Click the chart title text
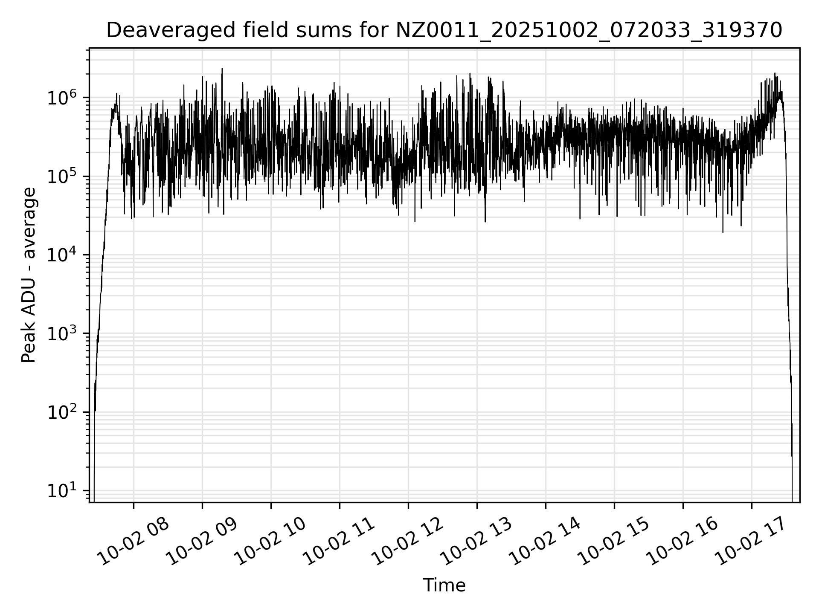(x=444, y=30)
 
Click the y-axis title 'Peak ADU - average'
(x=29, y=275)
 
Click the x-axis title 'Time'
(x=444, y=585)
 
